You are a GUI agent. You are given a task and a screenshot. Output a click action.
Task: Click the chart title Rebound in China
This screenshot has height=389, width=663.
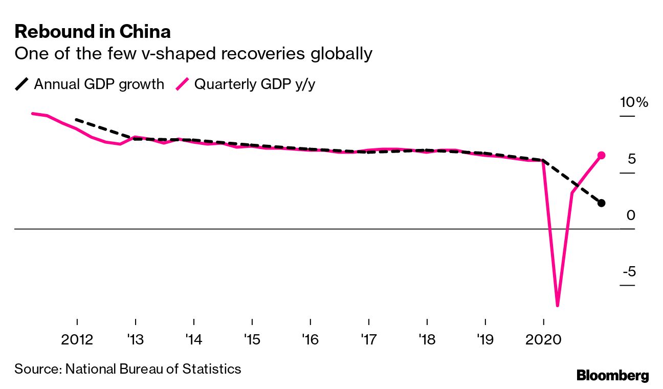[x=93, y=32]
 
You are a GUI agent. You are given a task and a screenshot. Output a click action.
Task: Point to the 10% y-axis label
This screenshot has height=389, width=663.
[x=634, y=102]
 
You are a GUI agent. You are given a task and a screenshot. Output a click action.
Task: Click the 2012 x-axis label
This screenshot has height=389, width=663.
[x=77, y=339]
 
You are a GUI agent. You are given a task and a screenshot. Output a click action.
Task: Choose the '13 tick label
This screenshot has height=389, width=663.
[x=135, y=339]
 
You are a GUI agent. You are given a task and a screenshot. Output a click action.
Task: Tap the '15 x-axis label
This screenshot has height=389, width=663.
[x=252, y=339]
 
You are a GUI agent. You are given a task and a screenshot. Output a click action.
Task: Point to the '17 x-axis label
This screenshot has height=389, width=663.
[x=368, y=339]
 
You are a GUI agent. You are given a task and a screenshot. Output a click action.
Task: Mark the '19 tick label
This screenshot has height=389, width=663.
[x=485, y=339]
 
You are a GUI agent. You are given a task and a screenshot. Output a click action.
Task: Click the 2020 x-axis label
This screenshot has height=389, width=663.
[x=543, y=339]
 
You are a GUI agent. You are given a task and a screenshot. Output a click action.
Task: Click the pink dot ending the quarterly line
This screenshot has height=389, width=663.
[x=601, y=155]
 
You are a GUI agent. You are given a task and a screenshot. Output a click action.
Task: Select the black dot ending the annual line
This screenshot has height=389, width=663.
[x=601, y=203]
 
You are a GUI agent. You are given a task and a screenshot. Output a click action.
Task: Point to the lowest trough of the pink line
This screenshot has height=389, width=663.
[x=557, y=305]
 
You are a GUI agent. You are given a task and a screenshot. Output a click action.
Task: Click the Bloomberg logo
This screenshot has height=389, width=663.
[x=612, y=375]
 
